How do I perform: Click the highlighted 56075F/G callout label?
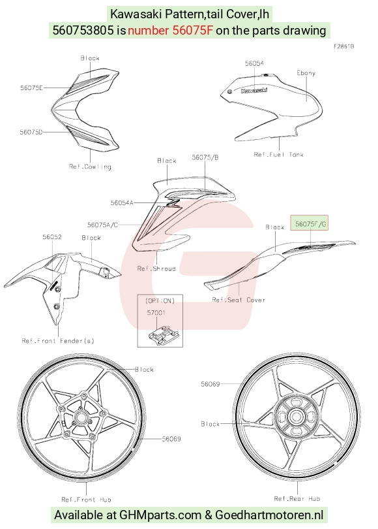(310, 223)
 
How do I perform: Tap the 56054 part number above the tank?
(254, 63)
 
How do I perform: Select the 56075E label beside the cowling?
(31, 88)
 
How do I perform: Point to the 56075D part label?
(31, 132)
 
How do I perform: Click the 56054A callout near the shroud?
(122, 202)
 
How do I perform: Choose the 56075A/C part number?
(102, 225)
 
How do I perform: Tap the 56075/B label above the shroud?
(205, 157)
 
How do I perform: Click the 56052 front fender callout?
(52, 237)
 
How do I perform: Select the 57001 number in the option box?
(156, 313)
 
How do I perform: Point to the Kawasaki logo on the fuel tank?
(254, 90)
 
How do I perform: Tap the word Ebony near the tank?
(306, 73)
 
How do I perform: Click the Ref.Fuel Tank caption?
(278, 155)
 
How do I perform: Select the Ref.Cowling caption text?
(90, 167)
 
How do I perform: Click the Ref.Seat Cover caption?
(239, 300)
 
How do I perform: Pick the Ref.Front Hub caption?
(86, 500)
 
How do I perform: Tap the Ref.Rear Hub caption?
(297, 498)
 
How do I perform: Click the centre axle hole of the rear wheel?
(297, 415)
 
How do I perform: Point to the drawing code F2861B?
(343, 46)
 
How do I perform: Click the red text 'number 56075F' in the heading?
(170, 30)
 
